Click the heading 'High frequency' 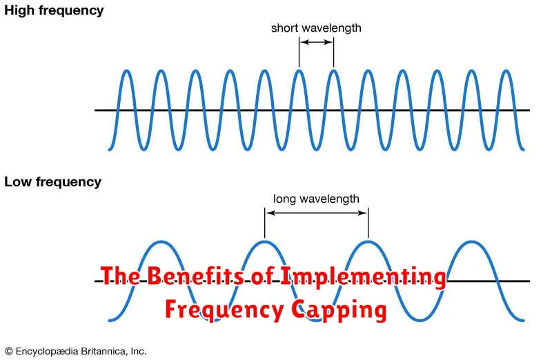(54, 10)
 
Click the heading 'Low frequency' (52, 182)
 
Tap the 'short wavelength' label (316, 28)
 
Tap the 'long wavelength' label (316, 199)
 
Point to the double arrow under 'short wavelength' (316, 43)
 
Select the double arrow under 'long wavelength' (316, 213)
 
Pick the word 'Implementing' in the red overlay (363, 277)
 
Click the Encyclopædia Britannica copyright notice (75, 350)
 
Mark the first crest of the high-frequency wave (126, 71)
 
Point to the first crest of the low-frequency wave (160, 242)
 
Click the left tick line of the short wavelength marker (299, 52)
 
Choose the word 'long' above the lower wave (284, 199)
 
